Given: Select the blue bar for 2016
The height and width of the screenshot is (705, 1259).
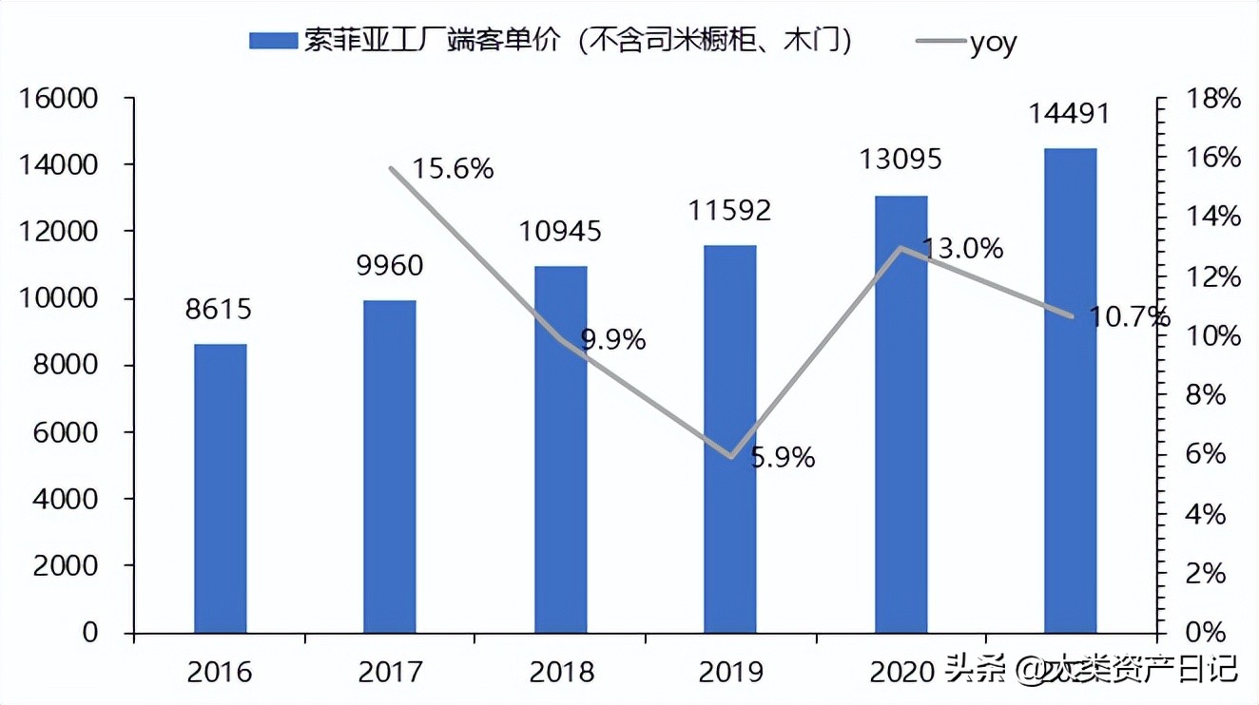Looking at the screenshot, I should pyautogui.click(x=221, y=488).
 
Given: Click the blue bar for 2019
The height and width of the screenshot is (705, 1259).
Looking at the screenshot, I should pyautogui.click(x=729, y=439).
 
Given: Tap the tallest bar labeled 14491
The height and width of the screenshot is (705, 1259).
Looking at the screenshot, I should pyautogui.click(x=1070, y=391).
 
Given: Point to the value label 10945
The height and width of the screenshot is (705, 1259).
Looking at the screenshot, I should pyautogui.click(x=560, y=231).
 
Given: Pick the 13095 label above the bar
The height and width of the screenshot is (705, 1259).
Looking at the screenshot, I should pyautogui.click(x=901, y=159).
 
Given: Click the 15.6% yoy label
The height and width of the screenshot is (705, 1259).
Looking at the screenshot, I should pyautogui.click(x=454, y=169).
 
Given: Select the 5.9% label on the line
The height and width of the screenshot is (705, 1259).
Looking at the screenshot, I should pyautogui.click(x=783, y=458).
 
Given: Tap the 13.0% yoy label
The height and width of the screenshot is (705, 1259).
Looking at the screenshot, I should pyautogui.click(x=962, y=249).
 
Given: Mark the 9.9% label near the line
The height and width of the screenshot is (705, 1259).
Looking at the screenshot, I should pyautogui.click(x=613, y=339).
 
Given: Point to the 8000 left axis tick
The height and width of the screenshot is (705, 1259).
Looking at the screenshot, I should pyautogui.click(x=71, y=366).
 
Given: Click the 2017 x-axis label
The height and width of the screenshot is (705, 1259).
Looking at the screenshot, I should pyautogui.click(x=390, y=673).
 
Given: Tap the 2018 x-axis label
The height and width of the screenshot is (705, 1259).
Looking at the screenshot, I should pyautogui.click(x=561, y=673).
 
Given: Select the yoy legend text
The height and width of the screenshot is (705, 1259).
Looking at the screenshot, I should pyautogui.click(x=994, y=42).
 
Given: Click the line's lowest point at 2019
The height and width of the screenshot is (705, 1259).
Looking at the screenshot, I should pyautogui.click(x=729, y=457).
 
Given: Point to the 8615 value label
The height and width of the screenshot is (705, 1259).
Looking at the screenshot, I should pyautogui.click(x=220, y=310).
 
